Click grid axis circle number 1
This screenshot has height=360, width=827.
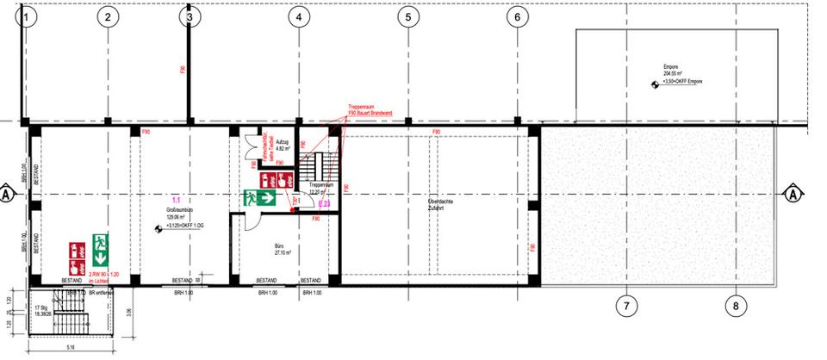pyautogui.click(x=28, y=16)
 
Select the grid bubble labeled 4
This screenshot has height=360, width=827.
pyautogui.click(x=297, y=16)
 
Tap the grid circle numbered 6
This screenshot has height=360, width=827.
pyautogui.click(x=517, y=16)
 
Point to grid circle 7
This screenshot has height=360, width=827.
pyautogui.click(x=626, y=305)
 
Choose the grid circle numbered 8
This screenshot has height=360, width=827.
pyautogui.click(x=736, y=305)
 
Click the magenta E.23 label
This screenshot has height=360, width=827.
pyautogui.click(x=324, y=204)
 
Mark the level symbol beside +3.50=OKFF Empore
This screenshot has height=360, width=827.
pyautogui.click(x=654, y=84)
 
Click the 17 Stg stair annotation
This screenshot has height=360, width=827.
pyautogui.click(x=40, y=308)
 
